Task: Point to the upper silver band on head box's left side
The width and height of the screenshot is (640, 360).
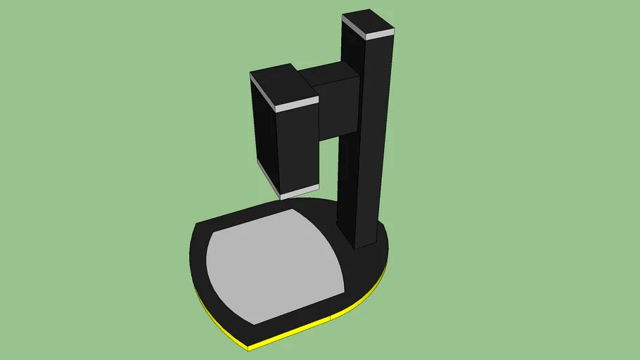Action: pyautogui.click(x=263, y=90)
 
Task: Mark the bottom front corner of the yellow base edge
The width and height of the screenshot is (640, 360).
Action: pyautogui.click(x=248, y=347)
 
